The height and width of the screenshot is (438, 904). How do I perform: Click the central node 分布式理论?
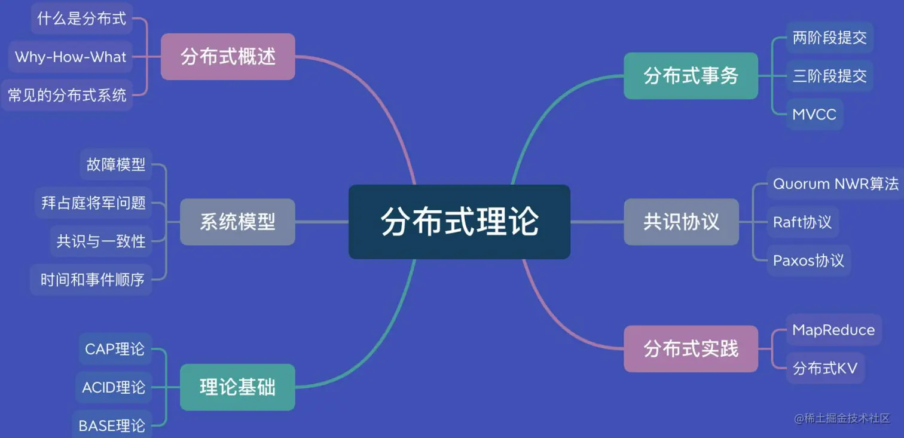point(459,222)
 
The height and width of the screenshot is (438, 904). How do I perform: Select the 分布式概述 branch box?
point(228,57)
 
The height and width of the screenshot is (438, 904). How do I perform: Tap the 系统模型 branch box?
point(237,222)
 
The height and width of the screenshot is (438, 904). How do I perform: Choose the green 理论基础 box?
point(237,387)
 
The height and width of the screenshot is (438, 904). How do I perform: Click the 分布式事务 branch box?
point(691,76)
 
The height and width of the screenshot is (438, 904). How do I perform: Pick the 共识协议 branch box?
point(681,222)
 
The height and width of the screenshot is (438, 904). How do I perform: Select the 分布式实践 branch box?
point(691,348)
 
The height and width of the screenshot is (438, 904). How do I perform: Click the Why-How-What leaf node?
point(71,57)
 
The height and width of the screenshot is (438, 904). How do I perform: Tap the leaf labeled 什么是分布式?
point(82,19)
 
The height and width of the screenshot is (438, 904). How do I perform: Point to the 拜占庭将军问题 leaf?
point(93,203)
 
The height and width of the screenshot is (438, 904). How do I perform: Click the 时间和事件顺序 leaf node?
point(92,279)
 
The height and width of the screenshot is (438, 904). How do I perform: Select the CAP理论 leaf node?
point(115,349)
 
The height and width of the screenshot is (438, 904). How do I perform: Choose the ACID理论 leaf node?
point(114,387)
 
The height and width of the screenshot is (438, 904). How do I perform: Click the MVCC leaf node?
point(814,114)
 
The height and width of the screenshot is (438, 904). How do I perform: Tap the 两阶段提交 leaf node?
point(829,38)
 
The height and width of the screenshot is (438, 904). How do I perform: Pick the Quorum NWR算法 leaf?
point(835,184)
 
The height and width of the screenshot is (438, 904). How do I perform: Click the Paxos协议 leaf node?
point(808,261)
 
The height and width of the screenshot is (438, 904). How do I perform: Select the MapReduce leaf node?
point(833,330)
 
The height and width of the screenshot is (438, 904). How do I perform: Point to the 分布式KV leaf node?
point(824,368)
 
